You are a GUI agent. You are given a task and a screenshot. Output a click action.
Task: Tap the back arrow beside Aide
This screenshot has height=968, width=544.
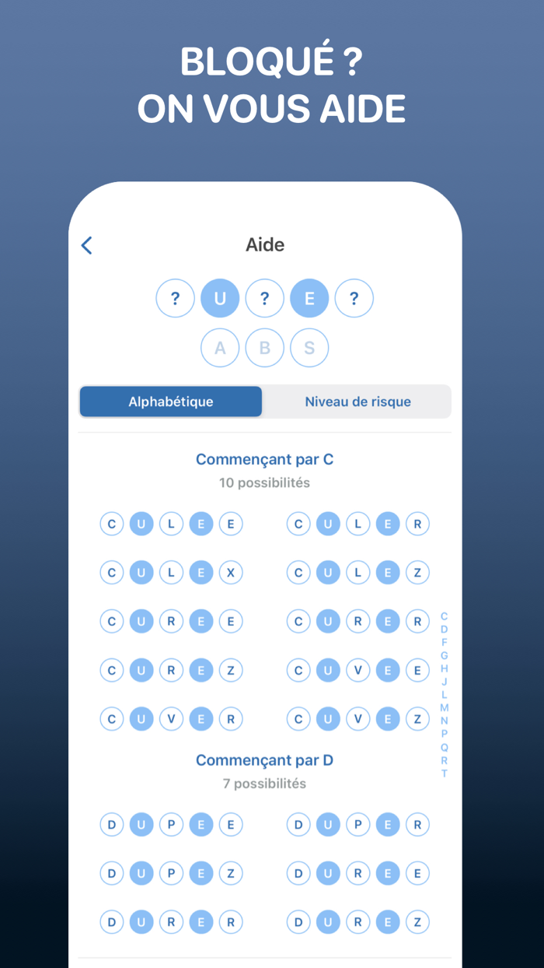tap(87, 245)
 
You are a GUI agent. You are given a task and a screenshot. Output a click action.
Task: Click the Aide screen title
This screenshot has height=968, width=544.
tap(265, 244)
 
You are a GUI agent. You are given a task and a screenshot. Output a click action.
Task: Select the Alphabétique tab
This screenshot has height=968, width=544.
tap(171, 402)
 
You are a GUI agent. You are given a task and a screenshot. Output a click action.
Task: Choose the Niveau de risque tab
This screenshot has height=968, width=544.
tap(357, 402)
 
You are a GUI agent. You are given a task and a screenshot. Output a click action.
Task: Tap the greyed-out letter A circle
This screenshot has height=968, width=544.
tap(220, 348)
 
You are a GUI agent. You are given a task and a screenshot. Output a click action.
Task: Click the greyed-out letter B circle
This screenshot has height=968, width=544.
tap(265, 348)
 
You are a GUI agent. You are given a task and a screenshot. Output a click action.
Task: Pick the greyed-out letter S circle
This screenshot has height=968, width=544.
tap(309, 348)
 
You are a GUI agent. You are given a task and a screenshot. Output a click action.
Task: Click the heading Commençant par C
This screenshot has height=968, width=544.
tap(264, 459)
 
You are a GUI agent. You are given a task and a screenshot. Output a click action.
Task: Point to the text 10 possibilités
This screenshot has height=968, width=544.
tap(264, 482)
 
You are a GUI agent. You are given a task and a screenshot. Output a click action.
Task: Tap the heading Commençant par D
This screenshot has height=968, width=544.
tap(264, 760)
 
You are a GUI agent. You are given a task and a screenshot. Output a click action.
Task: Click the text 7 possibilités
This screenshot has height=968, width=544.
tap(264, 784)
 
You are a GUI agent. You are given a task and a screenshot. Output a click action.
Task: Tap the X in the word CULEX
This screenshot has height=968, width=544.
tap(231, 573)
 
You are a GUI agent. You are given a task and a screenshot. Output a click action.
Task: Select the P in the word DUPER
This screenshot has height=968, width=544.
tap(357, 825)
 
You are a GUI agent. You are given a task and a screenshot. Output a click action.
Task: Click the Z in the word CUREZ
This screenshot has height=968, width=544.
tap(231, 670)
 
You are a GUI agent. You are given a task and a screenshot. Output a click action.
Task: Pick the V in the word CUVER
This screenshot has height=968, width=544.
tap(171, 719)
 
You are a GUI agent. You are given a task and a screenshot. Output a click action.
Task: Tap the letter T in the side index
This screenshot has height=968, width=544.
tap(445, 773)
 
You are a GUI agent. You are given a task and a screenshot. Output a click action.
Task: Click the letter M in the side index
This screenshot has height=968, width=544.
tap(445, 707)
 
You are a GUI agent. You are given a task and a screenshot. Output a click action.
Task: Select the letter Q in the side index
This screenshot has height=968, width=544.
tap(445, 747)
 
